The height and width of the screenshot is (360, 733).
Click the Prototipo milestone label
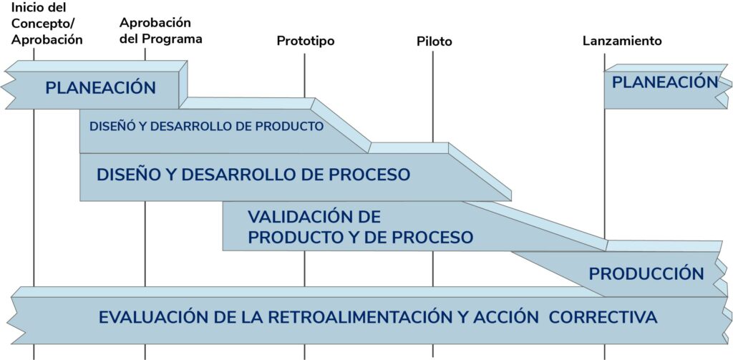[x=306, y=42]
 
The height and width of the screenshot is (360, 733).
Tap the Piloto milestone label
[x=435, y=42]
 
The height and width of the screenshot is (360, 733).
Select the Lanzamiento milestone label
[x=622, y=42]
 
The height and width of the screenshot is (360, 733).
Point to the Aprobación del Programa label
[x=160, y=31]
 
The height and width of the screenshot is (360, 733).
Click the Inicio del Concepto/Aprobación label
[x=47, y=24]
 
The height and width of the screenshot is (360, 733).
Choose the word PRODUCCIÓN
[x=646, y=273]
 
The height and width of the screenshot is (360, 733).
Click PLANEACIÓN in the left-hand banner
[x=100, y=88]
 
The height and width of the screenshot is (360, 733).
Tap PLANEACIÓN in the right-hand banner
[x=664, y=82]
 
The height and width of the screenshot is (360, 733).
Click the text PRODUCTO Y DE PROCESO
[x=360, y=238]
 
